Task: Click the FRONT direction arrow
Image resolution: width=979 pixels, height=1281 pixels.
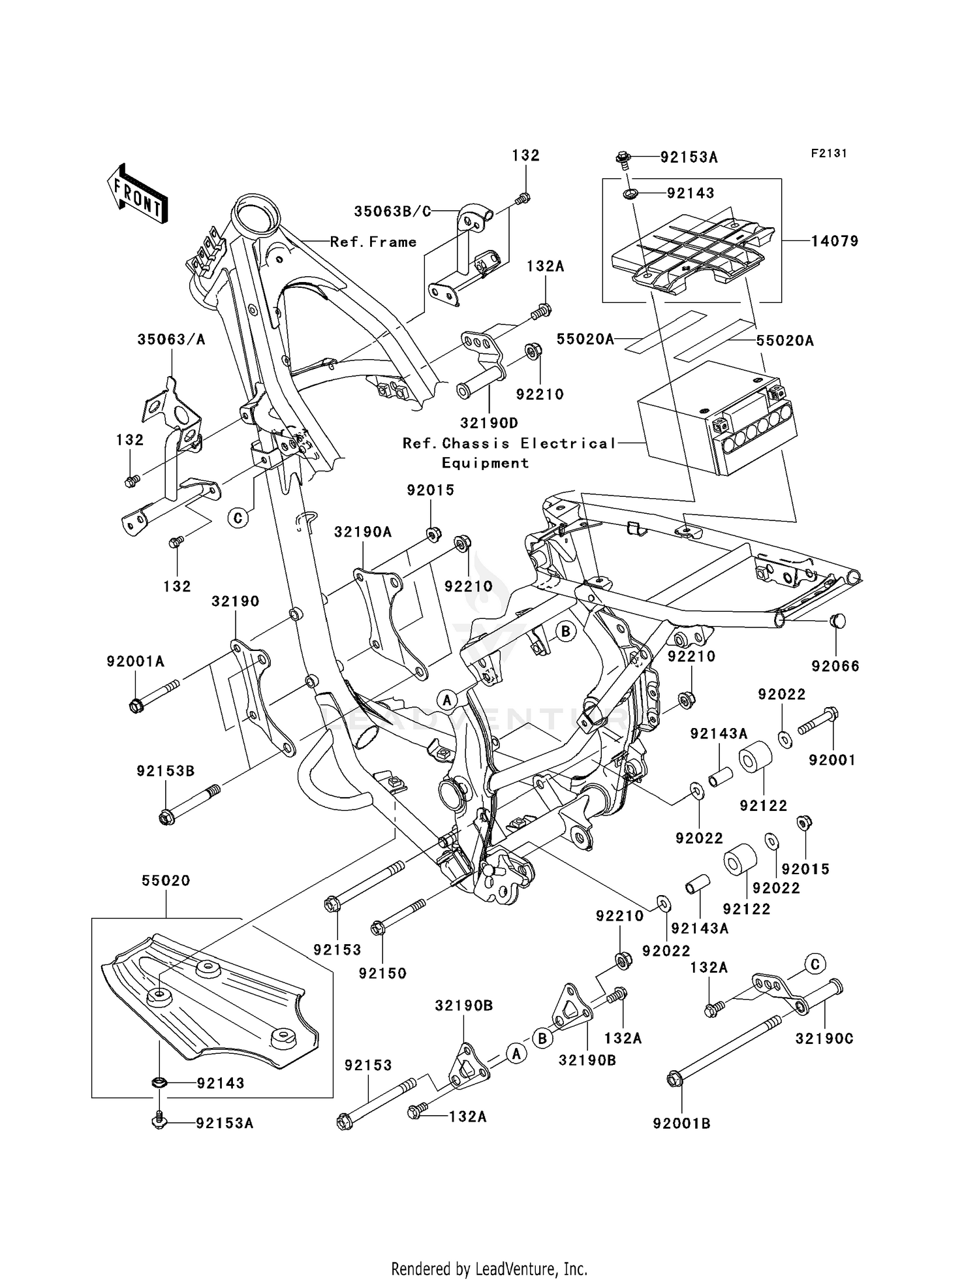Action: pyautogui.click(x=138, y=193)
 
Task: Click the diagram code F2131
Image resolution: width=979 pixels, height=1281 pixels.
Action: pyautogui.click(x=828, y=153)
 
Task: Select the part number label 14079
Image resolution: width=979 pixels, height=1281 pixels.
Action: pyautogui.click(x=834, y=241)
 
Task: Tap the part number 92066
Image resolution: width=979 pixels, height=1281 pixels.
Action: pyautogui.click(x=835, y=666)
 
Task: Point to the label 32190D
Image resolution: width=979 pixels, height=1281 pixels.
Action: pyautogui.click(x=489, y=423)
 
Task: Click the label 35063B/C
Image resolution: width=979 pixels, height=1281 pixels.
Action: pyautogui.click(x=393, y=212)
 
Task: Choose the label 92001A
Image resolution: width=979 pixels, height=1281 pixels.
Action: pyautogui.click(x=136, y=661)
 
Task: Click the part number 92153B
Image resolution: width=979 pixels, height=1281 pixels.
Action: pyautogui.click(x=166, y=771)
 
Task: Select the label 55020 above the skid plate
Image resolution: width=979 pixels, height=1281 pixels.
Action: pyautogui.click(x=166, y=881)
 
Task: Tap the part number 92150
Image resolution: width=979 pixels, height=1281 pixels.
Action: pyautogui.click(x=382, y=973)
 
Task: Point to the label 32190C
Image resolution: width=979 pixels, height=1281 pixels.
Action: pyautogui.click(x=824, y=1039)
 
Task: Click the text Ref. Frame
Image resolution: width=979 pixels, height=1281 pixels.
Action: pyautogui.click(x=373, y=242)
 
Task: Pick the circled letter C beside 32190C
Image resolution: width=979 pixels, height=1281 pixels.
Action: pyautogui.click(x=815, y=964)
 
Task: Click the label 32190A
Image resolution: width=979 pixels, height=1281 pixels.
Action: pyautogui.click(x=362, y=532)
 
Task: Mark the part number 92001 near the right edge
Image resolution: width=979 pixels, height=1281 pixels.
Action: pyautogui.click(x=831, y=760)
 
